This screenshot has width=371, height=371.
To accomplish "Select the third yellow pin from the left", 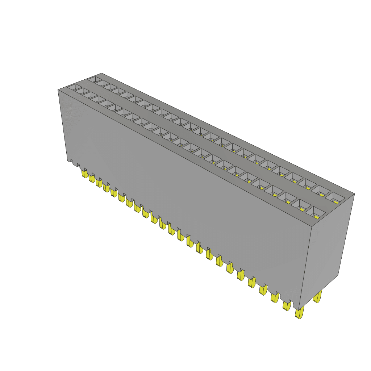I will [x=99, y=183].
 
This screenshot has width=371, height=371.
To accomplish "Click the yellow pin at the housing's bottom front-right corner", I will [x=299, y=313].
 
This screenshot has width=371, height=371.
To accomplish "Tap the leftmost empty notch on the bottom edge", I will [x=71, y=162].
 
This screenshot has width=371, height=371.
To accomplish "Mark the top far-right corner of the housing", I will [x=354, y=194].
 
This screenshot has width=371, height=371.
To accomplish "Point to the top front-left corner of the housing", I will [x=58, y=89].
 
